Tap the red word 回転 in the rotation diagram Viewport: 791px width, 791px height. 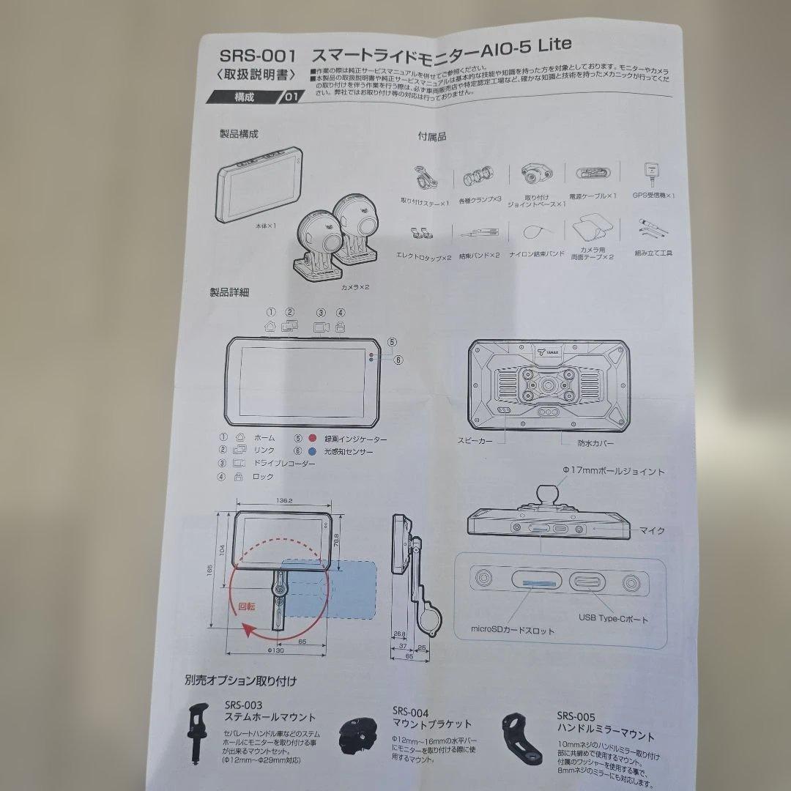(x=248, y=606)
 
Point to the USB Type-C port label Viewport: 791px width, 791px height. (x=613, y=619)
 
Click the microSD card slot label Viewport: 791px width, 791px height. (x=513, y=630)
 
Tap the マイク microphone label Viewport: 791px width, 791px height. (x=652, y=530)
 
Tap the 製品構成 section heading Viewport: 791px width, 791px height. (x=239, y=134)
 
